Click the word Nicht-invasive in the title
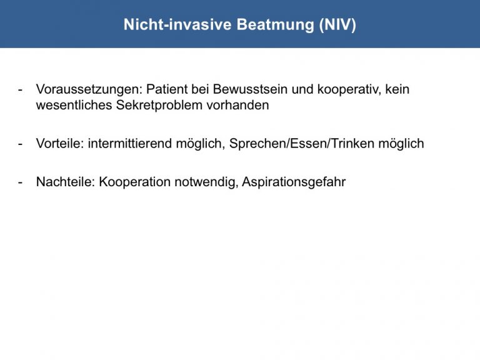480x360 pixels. click(177, 24)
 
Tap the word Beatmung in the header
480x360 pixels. click(275, 25)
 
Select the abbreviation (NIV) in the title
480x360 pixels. click(337, 25)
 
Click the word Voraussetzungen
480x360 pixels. click(89, 89)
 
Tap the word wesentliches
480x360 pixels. click(74, 105)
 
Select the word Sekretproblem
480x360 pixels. click(159, 105)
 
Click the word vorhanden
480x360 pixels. click(238, 105)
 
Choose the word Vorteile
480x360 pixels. click(60, 143)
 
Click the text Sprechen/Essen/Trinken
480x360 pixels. click(301, 144)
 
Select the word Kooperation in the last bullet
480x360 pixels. click(135, 182)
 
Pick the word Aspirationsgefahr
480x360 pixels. click(294, 182)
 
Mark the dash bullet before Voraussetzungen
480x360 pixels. click(20, 90)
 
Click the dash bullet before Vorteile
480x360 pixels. click(20, 144)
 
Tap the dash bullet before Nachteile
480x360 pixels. click(20, 182)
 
